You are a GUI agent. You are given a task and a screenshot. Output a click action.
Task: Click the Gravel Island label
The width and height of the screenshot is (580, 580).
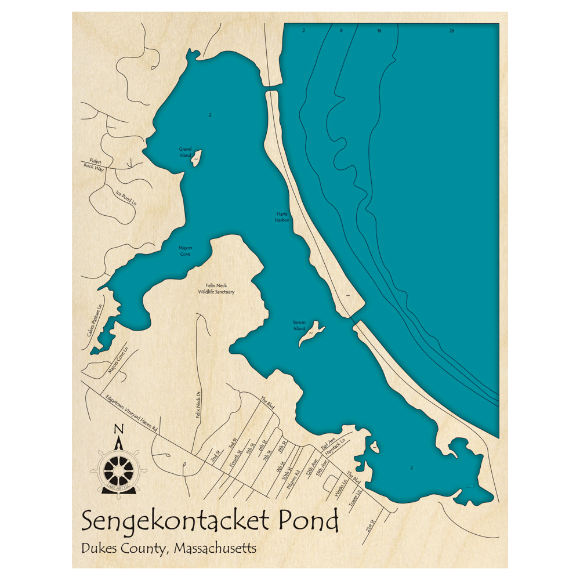click(x=185, y=152)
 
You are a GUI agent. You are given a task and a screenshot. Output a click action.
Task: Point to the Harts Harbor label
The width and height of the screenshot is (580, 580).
click(x=282, y=217)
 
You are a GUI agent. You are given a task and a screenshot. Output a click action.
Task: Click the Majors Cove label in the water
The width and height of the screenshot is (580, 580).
click(x=185, y=250)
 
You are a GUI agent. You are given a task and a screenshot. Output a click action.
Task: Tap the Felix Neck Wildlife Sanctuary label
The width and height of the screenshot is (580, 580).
click(x=216, y=288)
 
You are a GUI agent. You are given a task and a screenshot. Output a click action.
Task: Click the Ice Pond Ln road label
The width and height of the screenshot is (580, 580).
click(x=126, y=198)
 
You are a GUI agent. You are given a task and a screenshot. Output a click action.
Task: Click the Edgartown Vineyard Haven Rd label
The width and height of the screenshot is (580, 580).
click(x=131, y=413)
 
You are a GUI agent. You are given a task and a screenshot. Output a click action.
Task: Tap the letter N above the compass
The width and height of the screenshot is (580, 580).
click(x=118, y=429)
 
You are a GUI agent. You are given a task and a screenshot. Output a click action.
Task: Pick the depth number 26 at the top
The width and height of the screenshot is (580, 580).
click(x=451, y=30)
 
